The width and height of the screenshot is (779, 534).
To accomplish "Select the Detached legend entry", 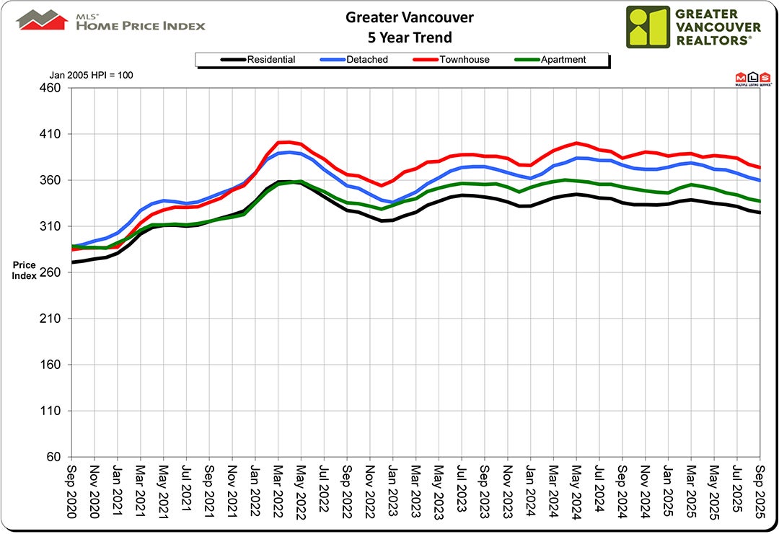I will [364, 60].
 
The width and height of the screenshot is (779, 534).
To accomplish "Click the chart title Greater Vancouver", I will [399, 17].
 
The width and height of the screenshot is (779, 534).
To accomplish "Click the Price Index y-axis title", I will [24, 270].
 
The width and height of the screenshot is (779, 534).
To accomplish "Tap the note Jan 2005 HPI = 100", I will [92, 75].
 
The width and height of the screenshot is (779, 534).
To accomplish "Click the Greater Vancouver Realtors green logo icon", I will [647, 27].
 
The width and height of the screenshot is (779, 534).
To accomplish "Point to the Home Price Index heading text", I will [141, 25].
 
